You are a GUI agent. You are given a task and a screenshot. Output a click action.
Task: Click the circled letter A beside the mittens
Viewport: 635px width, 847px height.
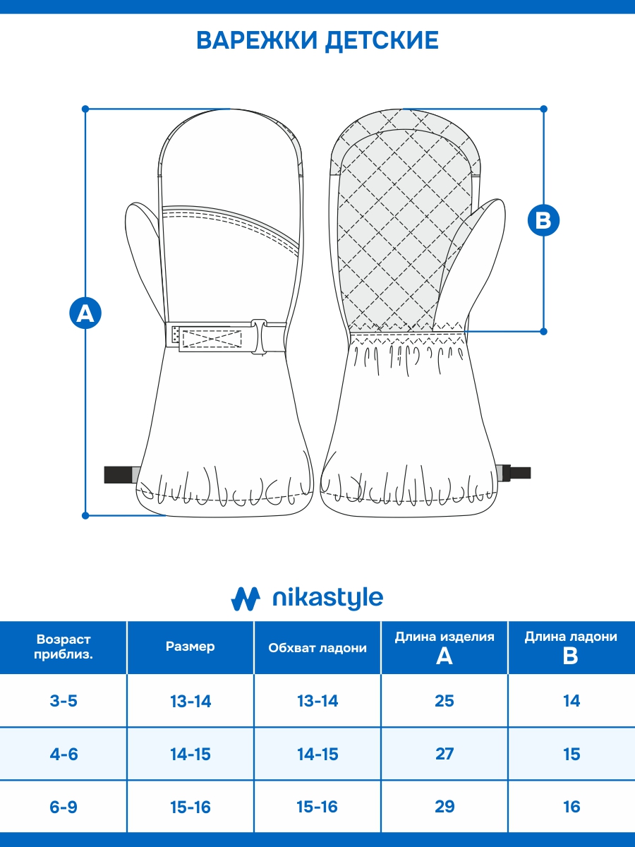85,313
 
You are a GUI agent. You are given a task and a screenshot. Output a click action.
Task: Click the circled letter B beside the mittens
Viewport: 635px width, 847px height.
543,220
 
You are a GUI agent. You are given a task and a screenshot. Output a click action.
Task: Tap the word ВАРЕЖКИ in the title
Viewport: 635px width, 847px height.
257,40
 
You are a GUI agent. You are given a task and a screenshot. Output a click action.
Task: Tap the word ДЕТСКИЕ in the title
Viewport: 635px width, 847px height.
382,40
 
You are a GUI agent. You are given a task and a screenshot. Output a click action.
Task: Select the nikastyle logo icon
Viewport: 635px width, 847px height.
246,599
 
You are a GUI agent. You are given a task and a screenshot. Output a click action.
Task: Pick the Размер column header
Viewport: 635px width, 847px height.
190,647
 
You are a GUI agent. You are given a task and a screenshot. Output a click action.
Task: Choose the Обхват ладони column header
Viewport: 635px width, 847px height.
317,648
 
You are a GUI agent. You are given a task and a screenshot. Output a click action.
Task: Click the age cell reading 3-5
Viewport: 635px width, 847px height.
64,701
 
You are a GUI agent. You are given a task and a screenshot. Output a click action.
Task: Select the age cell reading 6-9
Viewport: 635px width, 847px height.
64,807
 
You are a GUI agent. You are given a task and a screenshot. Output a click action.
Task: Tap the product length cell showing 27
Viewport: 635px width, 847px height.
445,754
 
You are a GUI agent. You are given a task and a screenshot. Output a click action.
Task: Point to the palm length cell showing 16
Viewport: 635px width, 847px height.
571,807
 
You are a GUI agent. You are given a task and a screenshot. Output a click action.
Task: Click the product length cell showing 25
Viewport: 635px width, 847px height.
445,701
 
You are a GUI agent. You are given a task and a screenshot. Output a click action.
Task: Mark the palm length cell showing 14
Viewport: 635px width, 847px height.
571,701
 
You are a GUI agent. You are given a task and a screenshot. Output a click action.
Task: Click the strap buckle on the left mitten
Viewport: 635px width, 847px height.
259,337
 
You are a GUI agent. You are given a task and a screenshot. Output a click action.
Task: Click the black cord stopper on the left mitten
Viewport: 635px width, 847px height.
118,474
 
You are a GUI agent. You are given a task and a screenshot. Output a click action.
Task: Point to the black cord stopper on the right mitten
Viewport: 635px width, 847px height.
516,473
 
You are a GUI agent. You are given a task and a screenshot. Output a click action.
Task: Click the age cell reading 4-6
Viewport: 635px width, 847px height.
64,754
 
